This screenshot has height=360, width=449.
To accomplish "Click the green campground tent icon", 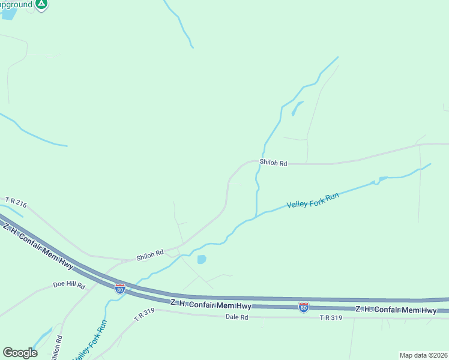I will click(41, 4).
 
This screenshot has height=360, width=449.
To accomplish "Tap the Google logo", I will click(20, 353).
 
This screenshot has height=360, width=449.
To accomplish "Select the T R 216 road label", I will click(16, 202).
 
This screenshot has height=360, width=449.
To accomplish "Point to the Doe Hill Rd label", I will click(69, 286).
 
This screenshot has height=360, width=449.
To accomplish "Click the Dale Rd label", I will click(236, 317).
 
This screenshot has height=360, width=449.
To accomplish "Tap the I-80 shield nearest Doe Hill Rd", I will click(120, 289).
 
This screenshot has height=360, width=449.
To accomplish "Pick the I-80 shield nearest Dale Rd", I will click(303, 307).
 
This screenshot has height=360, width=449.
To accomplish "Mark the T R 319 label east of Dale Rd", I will click(331, 317).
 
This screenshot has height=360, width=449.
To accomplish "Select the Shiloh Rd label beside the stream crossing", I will click(273, 163).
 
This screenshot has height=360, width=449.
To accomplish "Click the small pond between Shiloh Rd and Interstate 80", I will click(201, 259).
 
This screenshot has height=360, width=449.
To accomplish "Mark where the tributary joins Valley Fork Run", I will click(256, 215).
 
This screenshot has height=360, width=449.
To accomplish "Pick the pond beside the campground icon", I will click(8, 14).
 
